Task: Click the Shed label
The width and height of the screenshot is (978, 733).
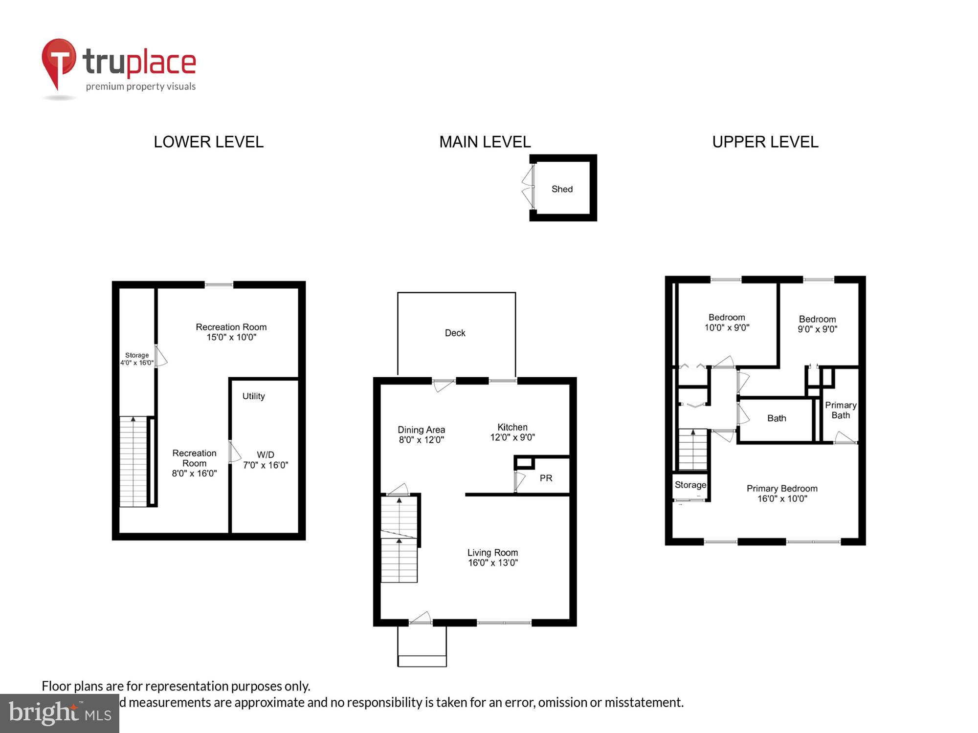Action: (562, 189)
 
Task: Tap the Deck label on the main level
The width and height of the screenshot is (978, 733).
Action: (455, 333)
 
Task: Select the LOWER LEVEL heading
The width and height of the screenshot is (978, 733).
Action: (208, 142)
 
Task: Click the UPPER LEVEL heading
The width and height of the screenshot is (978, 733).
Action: (765, 142)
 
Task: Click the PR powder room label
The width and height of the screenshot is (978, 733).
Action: (546, 478)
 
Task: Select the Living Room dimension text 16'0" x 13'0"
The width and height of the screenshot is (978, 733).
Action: (492, 563)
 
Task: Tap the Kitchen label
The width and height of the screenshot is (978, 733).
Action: (512, 427)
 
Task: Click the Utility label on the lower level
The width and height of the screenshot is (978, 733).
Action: (253, 396)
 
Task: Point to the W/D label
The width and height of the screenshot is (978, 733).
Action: (265, 454)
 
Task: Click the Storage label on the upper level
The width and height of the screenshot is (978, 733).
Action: (690, 485)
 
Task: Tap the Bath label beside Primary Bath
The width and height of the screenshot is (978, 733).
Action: (777, 418)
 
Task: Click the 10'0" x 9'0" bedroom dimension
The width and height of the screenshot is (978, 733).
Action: (727, 328)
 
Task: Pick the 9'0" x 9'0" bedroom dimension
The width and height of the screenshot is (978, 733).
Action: (817, 329)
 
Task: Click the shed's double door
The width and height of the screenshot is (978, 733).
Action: (528, 188)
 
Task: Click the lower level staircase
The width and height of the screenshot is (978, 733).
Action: (133, 461)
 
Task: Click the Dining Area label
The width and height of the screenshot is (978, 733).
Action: (421, 430)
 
